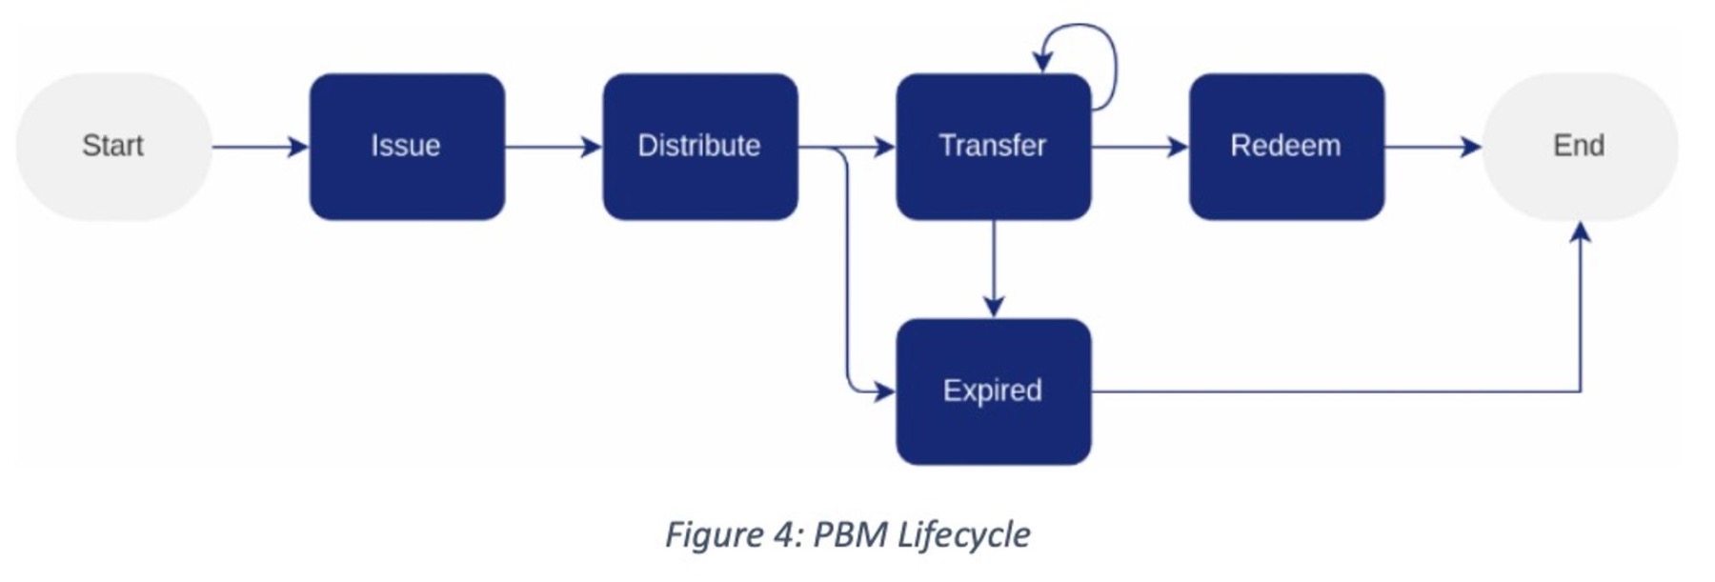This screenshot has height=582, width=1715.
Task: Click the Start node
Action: (113, 147)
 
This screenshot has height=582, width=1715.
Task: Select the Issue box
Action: (407, 147)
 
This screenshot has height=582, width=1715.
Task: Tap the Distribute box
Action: (700, 147)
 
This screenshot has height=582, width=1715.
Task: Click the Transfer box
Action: (993, 147)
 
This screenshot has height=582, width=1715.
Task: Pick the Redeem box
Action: (1286, 147)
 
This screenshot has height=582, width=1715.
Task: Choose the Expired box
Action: (993, 391)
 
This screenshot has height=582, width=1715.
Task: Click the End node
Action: (1579, 147)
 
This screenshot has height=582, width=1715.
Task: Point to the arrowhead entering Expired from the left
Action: (885, 391)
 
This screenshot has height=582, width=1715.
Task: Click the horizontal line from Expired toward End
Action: (1334, 391)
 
